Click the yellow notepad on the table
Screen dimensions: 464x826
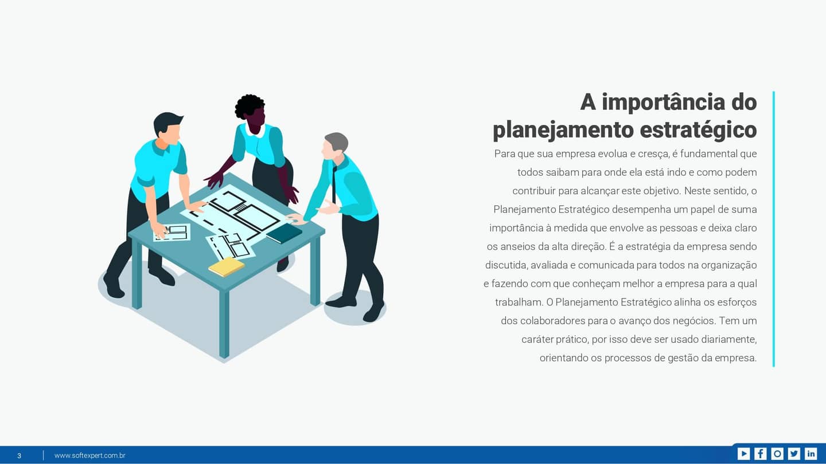(226, 266)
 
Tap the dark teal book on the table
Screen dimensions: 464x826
(284, 233)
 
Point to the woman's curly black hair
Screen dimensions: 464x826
(250, 106)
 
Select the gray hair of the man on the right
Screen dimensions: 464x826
(337, 140)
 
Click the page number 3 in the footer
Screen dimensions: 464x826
(19, 455)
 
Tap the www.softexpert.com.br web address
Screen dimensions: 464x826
(89, 455)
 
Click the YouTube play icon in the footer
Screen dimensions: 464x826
(743, 454)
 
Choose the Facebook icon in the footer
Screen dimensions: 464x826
(760, 454)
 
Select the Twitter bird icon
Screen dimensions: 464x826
(794, 454)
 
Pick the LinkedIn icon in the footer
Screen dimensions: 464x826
(811, 454)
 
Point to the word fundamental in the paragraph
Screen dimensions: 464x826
(708, 154)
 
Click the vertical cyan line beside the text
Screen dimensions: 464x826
(773, 229)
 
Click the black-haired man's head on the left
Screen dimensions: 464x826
(167, 127)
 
